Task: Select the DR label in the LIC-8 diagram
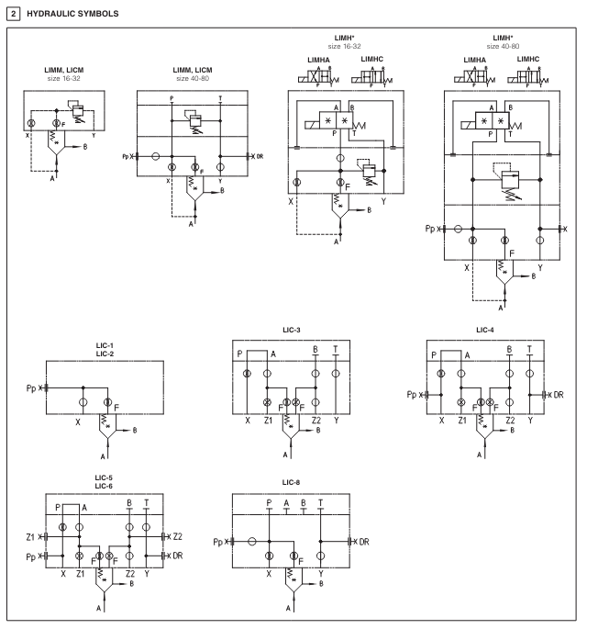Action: tap(364, 542)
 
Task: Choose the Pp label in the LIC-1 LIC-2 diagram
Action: tap(34, 388)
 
